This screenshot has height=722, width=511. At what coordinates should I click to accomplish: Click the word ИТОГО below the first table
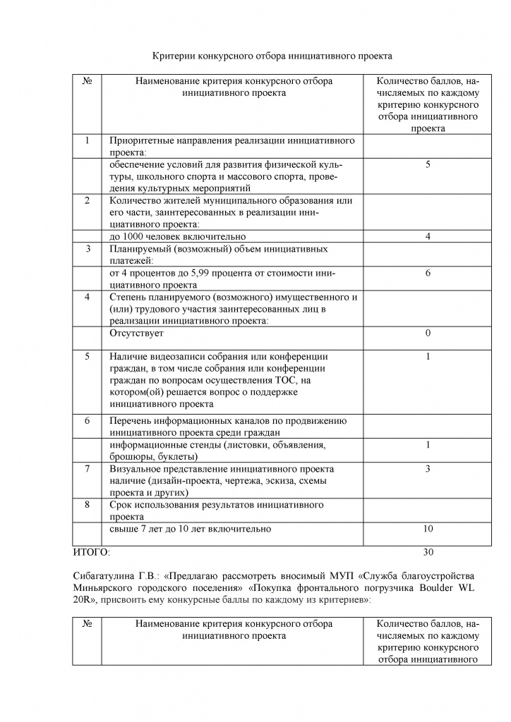(x=90, y=551)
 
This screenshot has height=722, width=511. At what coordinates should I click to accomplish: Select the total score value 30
(x=428, y=551)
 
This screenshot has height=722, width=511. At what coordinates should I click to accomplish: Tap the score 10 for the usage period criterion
(x=428, y=528)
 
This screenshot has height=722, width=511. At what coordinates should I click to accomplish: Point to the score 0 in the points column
(x=428, y=333)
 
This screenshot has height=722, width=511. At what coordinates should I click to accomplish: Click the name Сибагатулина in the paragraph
(x=104, y=573)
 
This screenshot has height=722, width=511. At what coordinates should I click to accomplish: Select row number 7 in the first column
(x=87, y=468)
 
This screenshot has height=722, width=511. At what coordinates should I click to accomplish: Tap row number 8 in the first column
(x=87, y=505)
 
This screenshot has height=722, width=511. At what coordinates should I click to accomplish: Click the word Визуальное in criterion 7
(x=135, y=468)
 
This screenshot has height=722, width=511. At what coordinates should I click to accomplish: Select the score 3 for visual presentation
(x=428, y=468)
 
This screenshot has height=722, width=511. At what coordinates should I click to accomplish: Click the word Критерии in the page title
(x=174, y=54)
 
